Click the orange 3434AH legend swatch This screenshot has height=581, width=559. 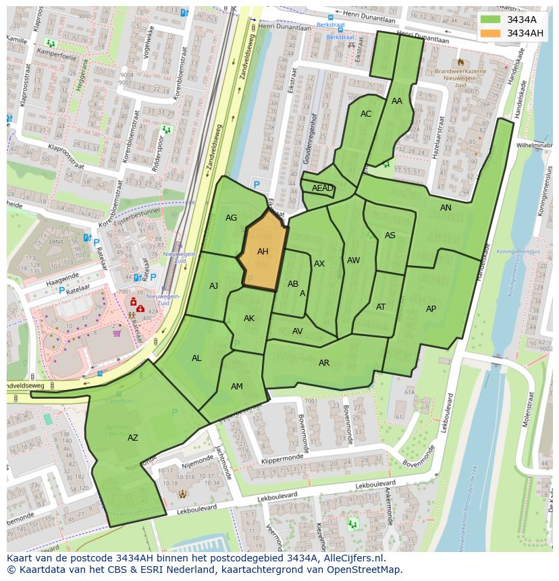(x=491, y=33)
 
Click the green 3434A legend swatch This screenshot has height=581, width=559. (x=491, y=19)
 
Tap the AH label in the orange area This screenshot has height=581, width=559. (x=263, y=252)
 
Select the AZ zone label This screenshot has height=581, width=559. (x=133, y=438)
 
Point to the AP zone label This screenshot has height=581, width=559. (x=431, y=309)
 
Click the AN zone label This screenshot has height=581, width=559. (x=446, y=208)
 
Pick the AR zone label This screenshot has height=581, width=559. (x=324, y=363)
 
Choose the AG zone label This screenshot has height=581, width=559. (x=231, y=218)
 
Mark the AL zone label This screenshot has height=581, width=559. (x=196, y=358)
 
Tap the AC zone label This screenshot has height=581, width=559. (x=366, y=114)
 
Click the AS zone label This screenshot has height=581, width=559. (x=390, y=236)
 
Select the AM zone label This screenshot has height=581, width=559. (x=236, y=387)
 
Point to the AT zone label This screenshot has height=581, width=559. (x=381, y=307)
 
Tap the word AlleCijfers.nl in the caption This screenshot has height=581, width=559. (x=351, y=559)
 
